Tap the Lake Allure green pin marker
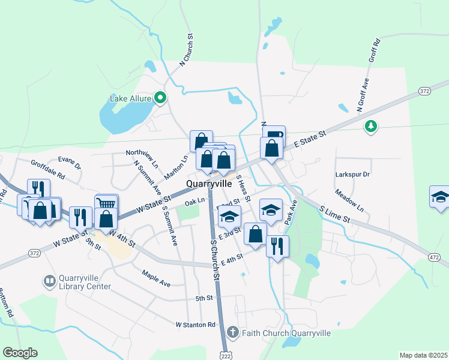160,97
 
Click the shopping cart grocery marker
106,204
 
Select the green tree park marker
371,125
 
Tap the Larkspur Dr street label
352,174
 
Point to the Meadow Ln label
350,201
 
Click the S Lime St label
335,215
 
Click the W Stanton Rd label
195,325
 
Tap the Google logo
20,353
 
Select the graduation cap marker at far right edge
441,197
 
